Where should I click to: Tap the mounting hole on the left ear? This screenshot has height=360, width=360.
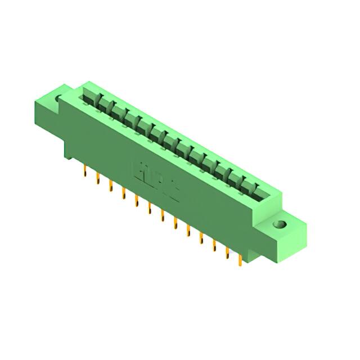pos(58,100)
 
